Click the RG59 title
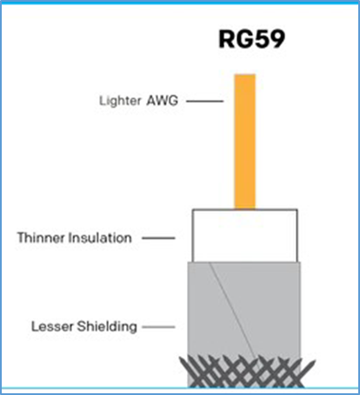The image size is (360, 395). [x=251, y=39]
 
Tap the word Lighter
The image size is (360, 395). [x=120, y=101]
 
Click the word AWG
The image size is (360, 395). [x=162, y=101]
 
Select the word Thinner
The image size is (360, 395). [x=41, y=238]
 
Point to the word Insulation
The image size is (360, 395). [x=100, y=238]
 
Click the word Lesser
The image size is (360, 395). [x=52, y=326]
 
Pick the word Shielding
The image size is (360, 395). [x=107, y=327]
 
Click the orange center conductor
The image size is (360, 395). [x=245, y=142]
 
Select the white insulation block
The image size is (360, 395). [x=245, y=236]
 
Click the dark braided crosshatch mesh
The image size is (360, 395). [x=246, y=372]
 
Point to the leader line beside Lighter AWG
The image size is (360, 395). [x=204, y=101]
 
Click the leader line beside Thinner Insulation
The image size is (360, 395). [x=158, y=238]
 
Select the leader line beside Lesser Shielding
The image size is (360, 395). [x=158, y=327]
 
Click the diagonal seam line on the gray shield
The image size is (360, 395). [x=233, y=311]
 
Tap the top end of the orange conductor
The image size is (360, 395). [x=245, y=75]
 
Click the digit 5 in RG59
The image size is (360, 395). [x=260, y=39]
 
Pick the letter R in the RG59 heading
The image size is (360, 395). [x=227, y=39]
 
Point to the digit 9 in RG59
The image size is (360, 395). [x=277, y=39]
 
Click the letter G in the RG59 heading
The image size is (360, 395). [x=243, y=39]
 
